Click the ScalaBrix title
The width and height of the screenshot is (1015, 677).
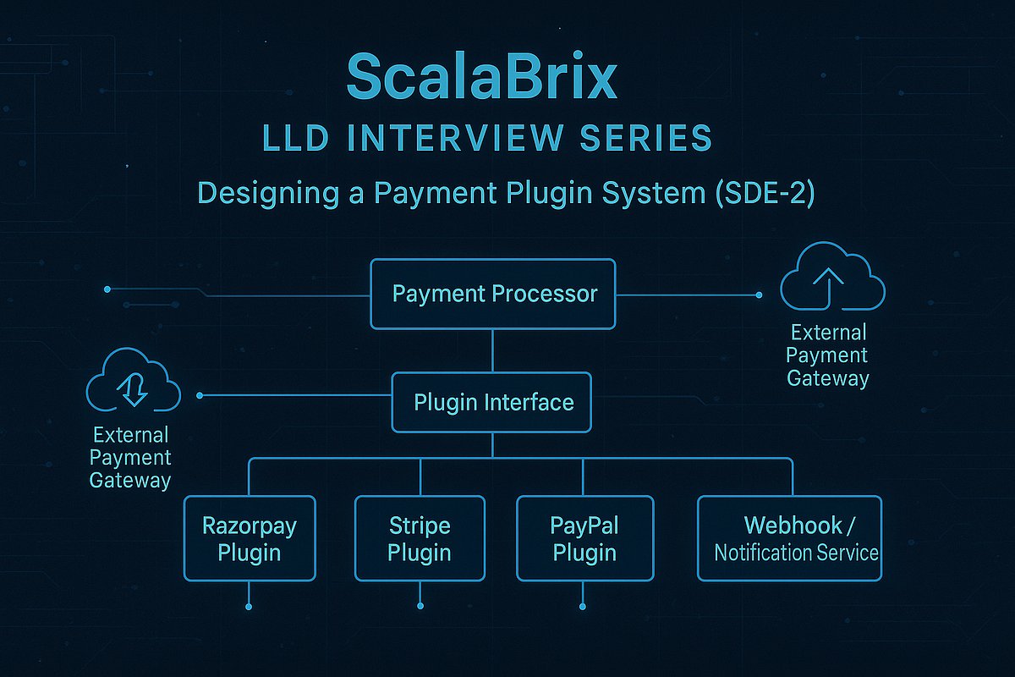point(482,79)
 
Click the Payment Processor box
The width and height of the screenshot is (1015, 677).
point(494,294)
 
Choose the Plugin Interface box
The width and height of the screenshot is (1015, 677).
point(492,402)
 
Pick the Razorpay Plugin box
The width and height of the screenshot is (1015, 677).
point(250,539)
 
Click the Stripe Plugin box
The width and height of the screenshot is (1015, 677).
point(420,539)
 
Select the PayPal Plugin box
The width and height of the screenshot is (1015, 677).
point(584,539)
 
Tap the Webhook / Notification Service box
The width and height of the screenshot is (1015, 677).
point(789,539)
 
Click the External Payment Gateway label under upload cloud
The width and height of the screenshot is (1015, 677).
point(827,355)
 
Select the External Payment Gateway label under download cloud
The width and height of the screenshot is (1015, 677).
point(130,458)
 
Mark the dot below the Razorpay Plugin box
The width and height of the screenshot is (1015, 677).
point(250,607)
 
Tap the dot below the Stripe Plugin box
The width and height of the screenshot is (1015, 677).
point(420,607)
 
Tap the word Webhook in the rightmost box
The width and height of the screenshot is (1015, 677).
point(793,526)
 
